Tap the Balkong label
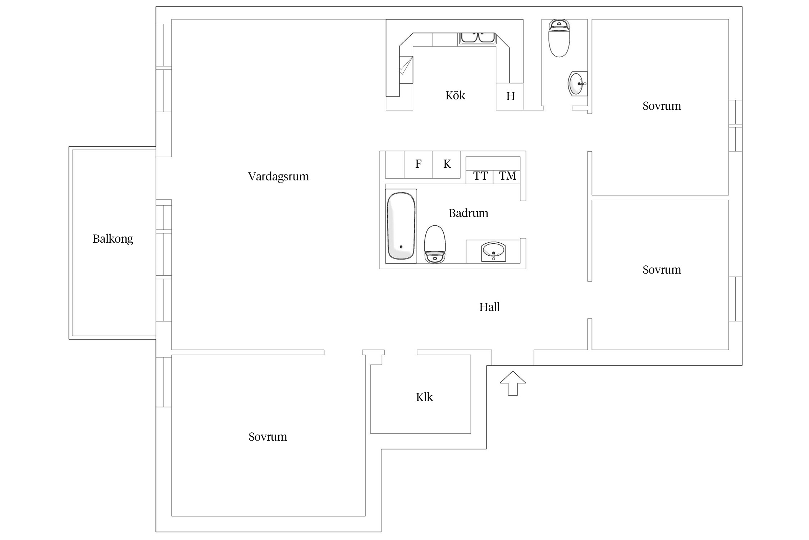tap(113, 239)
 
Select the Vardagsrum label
tap(278, 176)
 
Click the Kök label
tap(455, 95)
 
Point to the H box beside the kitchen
tap(510, 96)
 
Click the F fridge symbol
tap(418, 164)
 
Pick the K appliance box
tap(447, 164)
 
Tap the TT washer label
tap(480, 176)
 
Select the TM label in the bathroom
tap(507, 176)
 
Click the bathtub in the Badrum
tap(401, 226)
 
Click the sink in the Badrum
tap(493, 251)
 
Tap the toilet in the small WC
tap(559, 39)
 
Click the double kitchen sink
tap(477, 38)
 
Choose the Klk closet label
tap(424, 397)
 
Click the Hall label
tap(489, 307)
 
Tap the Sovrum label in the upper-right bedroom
tap(662, 106)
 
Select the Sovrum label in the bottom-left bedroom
tap(268, 437)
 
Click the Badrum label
tap(468, 213)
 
